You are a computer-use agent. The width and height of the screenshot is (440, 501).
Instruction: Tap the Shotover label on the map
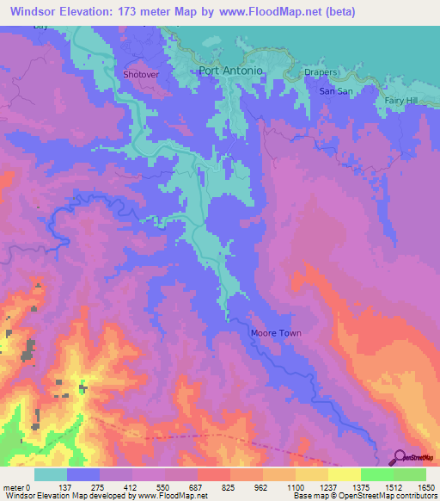coord(141,75)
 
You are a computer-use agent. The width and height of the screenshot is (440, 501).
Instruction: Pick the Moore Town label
coord(276,333)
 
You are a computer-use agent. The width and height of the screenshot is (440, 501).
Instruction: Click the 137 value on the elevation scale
coord(67,487)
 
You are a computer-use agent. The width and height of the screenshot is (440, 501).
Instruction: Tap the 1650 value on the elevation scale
coord(425,487)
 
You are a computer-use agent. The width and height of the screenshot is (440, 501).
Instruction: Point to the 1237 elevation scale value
coord(327,487)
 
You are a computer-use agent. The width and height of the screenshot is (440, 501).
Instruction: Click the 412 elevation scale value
coord(131,487)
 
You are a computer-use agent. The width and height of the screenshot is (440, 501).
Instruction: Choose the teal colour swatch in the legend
coord(51,474)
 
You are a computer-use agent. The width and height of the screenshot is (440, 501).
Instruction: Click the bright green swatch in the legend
coord(376,474)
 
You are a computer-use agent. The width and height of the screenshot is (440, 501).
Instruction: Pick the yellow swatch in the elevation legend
coord(344,474)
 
